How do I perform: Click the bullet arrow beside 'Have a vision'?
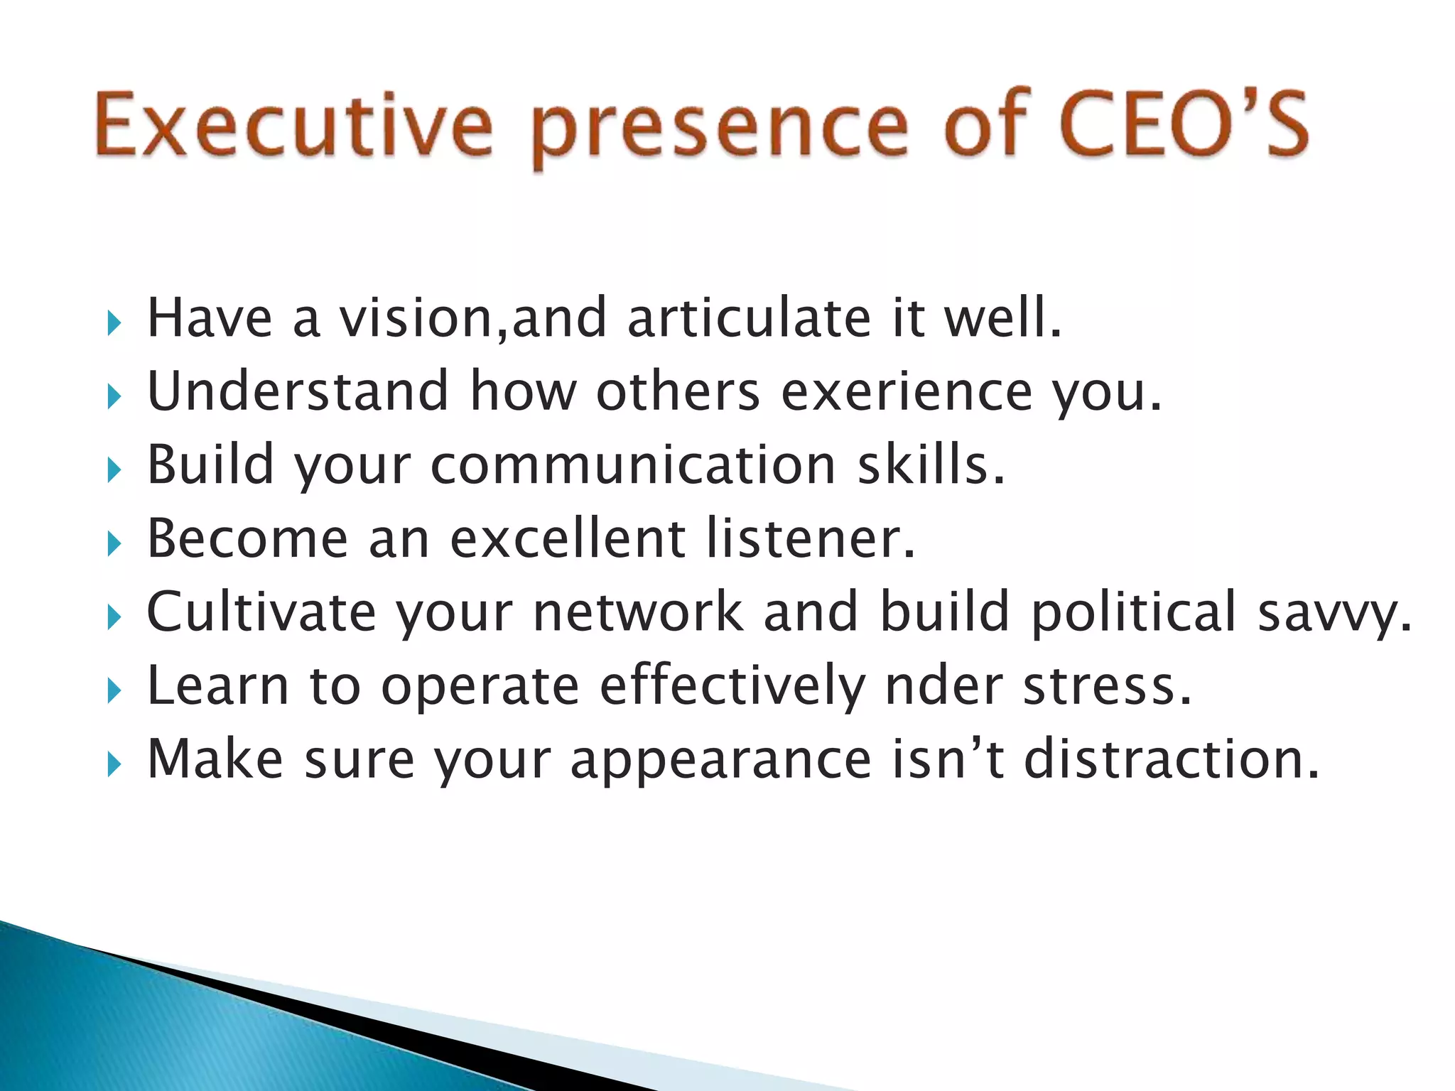click(x=114, y=323)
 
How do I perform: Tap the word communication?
click(x=633, y=465)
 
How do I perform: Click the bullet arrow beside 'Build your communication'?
click(x=114, y=470)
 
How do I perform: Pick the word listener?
click(x=810, y=538)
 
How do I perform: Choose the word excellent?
click(x=568, y=538)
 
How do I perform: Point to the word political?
click(x=1133, y=612)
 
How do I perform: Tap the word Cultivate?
click(x=261, y=612)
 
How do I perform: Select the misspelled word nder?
click(x=943, y=686)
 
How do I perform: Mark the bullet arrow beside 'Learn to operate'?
click(x=114, y=690)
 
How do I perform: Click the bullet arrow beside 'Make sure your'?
click(x=114, y=765)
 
